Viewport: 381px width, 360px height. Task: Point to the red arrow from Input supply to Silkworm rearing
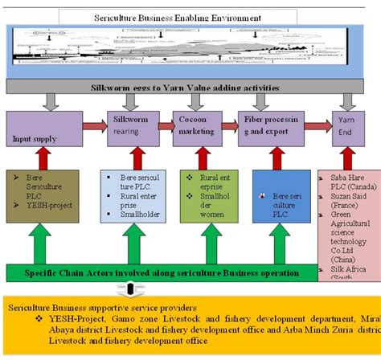coord(93,127)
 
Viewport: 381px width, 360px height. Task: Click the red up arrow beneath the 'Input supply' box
coord(44,160)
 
